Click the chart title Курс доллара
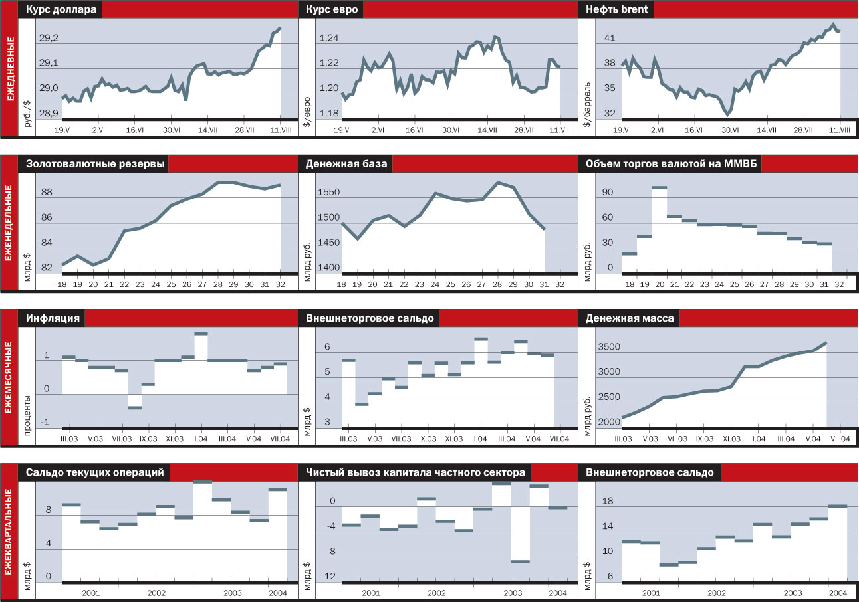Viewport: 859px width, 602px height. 61,10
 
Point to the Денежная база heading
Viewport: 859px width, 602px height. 346,164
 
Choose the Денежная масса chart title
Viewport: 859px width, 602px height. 630,318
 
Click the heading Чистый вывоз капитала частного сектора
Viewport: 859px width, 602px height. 416,472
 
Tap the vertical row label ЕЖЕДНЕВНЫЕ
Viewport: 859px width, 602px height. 9,68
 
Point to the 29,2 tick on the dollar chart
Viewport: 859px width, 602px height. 49,39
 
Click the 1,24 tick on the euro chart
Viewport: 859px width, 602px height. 328,39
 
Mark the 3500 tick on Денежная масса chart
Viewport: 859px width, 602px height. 609,347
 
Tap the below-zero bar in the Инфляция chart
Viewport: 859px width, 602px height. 135,407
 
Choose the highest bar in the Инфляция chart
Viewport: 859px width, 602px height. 201,334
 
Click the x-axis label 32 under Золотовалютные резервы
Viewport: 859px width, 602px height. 280,284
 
